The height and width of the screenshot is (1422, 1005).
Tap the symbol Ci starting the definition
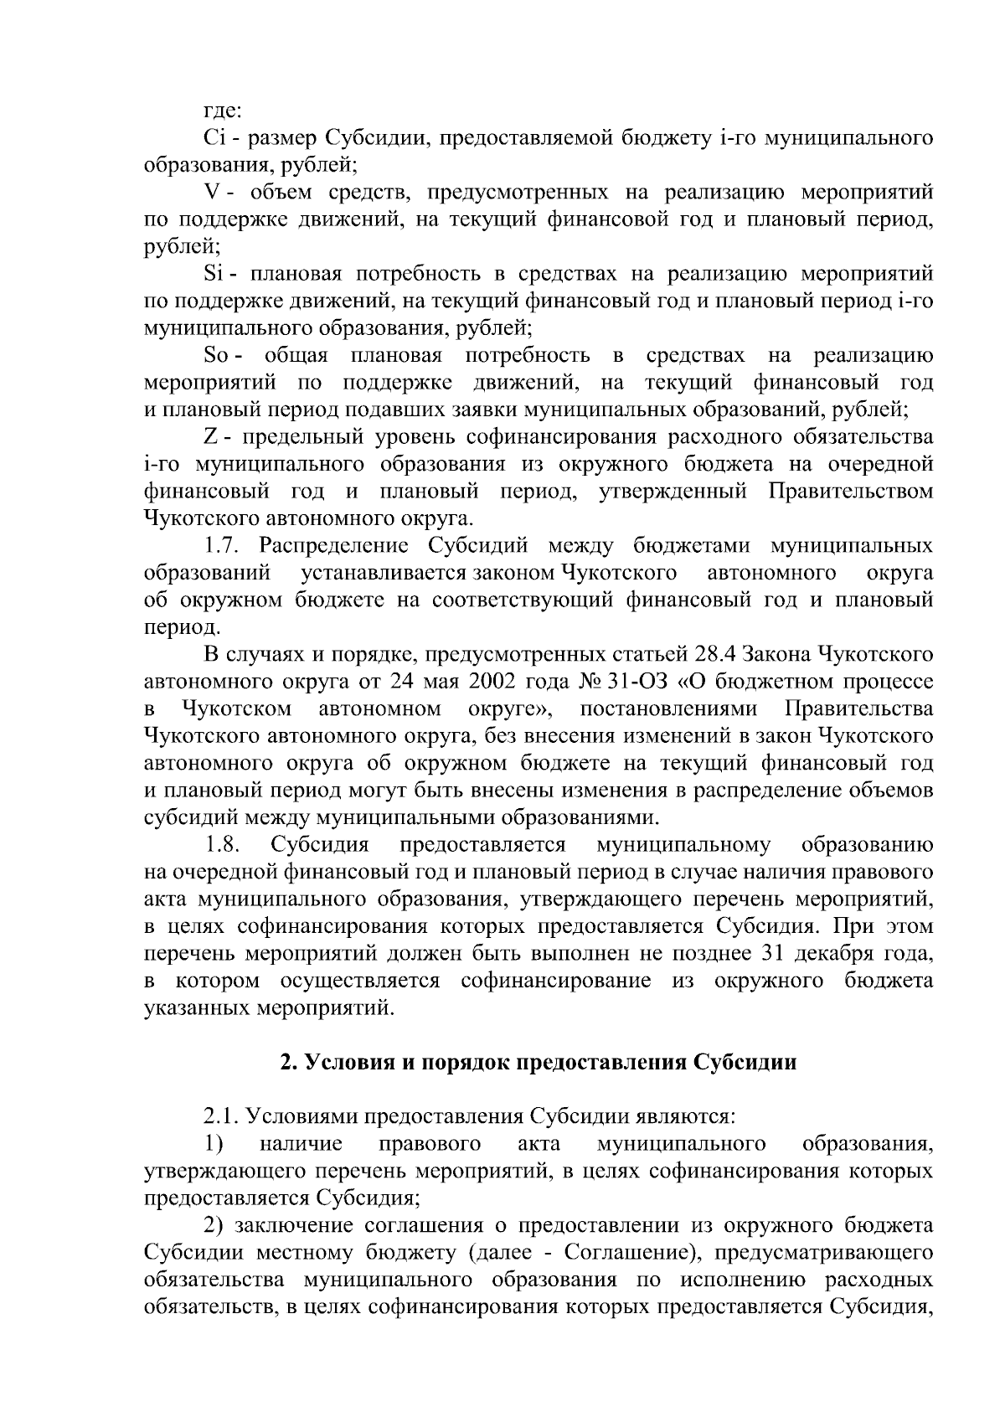pos(213,137)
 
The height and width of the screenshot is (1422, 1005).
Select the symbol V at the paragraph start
pos(212,193)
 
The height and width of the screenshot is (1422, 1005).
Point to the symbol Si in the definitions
pos(212,274)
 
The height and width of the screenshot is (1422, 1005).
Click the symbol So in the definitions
pos(217,356)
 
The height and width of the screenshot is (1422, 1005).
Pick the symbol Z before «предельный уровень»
pos(210,437)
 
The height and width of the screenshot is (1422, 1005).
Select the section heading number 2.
pos(286,1063)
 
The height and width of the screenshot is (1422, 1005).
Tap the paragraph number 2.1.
pos(224,1116)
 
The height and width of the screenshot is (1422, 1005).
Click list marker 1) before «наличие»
pos(214,1144)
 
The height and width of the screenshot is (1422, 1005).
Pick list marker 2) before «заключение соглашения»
pos(215,1226)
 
